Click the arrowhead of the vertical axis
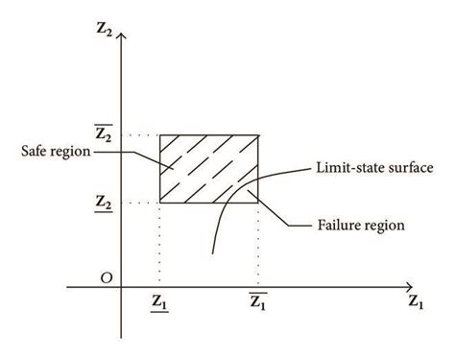click(x=121, y=36)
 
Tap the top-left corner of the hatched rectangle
click(x=160, y=135)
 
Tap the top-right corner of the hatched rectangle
click(x=258, y=135)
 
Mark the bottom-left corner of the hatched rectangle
click(x=160, y=203)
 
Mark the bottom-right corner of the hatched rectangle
click(x=258, y=203)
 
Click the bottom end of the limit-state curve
click(x=212, y=253)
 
